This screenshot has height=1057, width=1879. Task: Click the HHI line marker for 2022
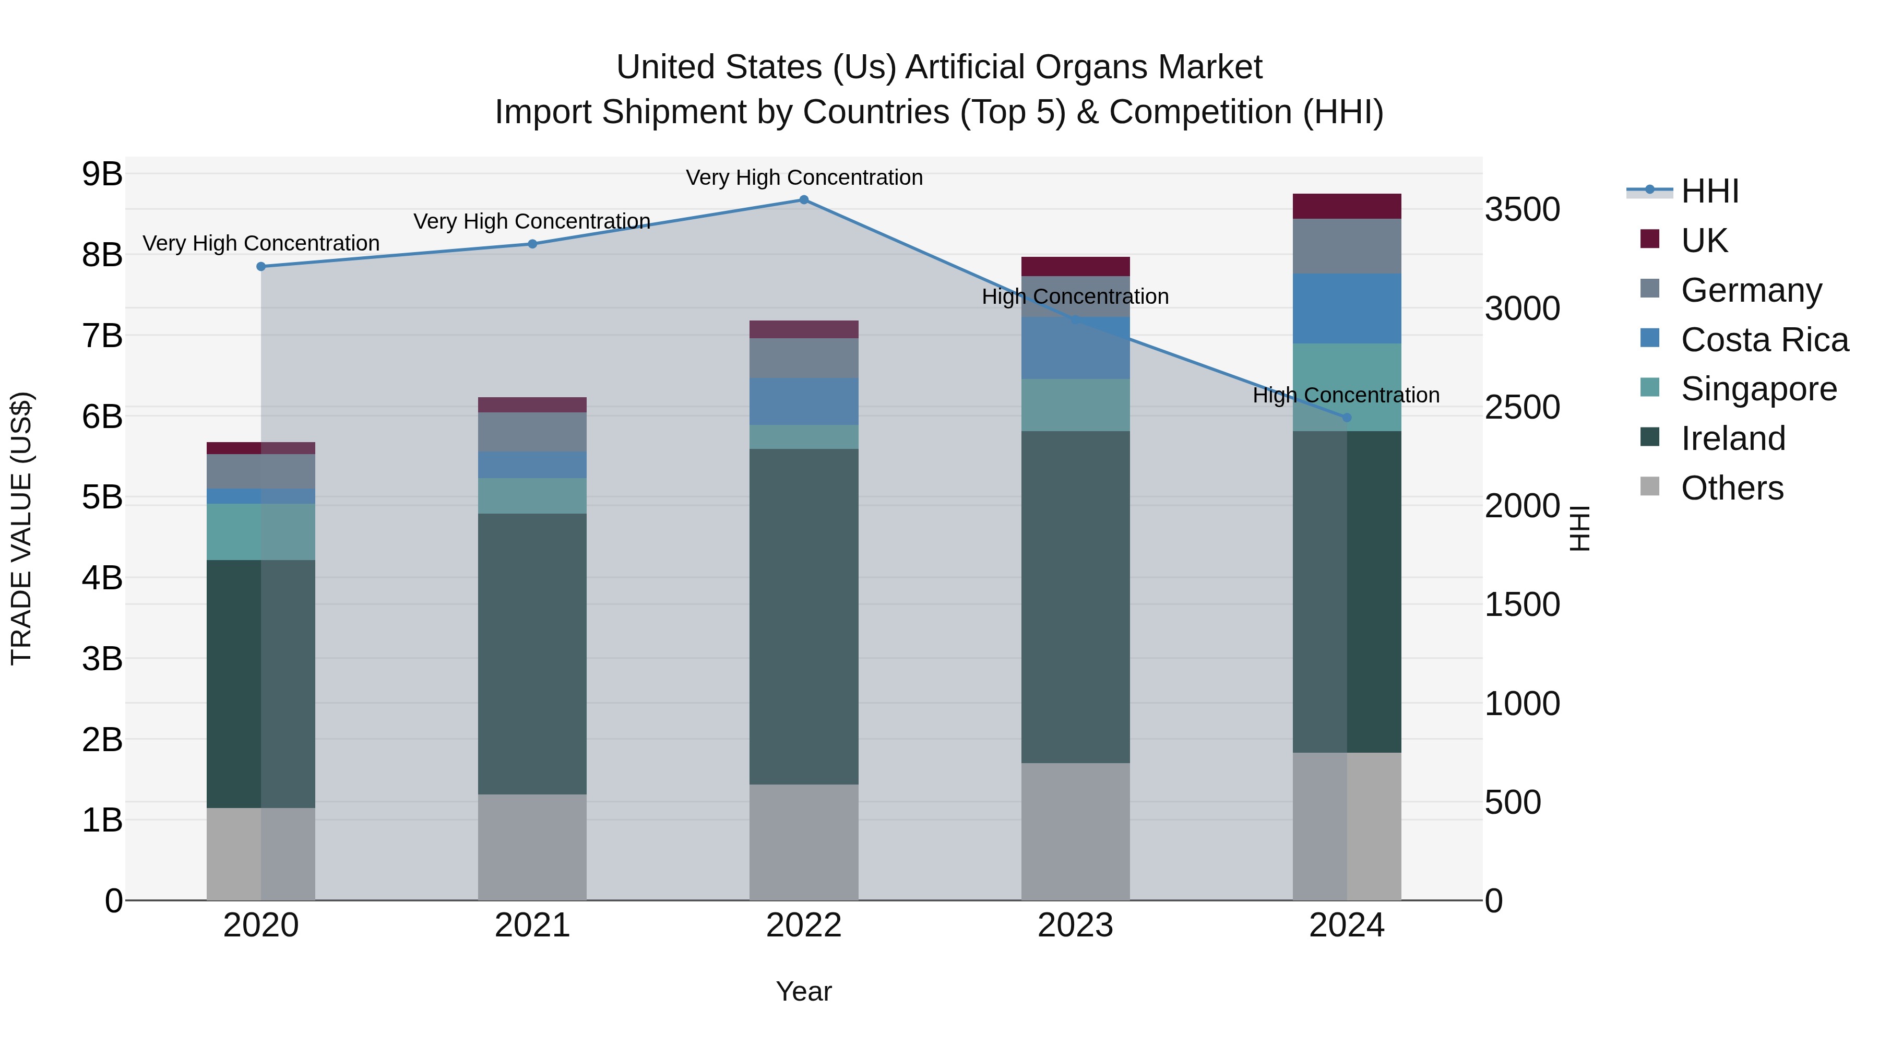pyautogui.click(x=803, y=200)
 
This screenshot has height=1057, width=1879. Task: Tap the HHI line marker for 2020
pyautogui.click(x=261, y=267)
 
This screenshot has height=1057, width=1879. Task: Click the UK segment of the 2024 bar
pyautogui.click(x=1347, y=206)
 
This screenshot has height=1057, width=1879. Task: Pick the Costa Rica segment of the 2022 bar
pyautogui.click(x=803, y=401)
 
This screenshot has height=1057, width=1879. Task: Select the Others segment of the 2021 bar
pyautogui.click(x=532, y=846)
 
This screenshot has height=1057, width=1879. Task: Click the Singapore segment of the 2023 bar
pyautogui.click(x=1075, y=405)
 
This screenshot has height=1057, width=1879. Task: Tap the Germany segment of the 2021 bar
pyautogui.click(x=532, y=432)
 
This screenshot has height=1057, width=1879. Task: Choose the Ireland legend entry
pyautogui.click(x=1732, y=439)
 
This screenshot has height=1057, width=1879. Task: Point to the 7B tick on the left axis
pyautogui.click(x=102, y=336)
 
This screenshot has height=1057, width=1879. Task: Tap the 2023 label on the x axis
pyautogui.click(x=1075, y=925)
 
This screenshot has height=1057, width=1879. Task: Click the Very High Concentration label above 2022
pyautogui.click(x=804, y=178)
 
